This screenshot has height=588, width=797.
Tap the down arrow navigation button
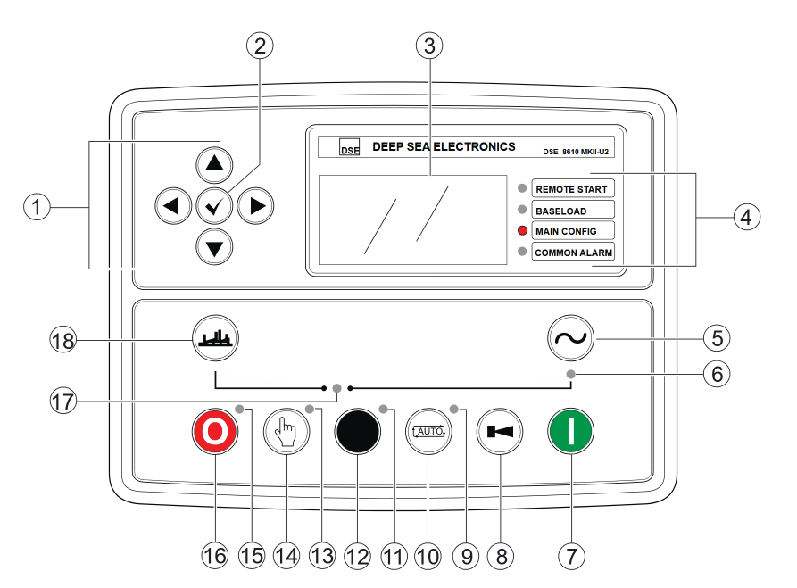click(x=214, y=246)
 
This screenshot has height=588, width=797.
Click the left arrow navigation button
click(x=172, y=206)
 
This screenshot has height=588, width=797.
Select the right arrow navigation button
click(x=257, y=206)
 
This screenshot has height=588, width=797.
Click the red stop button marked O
click(x=214, y=432)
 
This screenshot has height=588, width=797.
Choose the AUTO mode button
click(x=428, y=432)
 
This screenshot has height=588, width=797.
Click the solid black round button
click(x=357, y=432)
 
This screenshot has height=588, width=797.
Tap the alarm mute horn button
click(x=500, y=432)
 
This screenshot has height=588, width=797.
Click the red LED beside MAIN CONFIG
click(x=523, y=231)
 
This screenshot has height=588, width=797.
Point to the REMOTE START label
click(x=572, y=189)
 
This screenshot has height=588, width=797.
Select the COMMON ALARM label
click(x=572, y=253)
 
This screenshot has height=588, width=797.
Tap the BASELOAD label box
click(x=572, y=211)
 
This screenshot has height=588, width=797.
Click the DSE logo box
click(x=350, y=148)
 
